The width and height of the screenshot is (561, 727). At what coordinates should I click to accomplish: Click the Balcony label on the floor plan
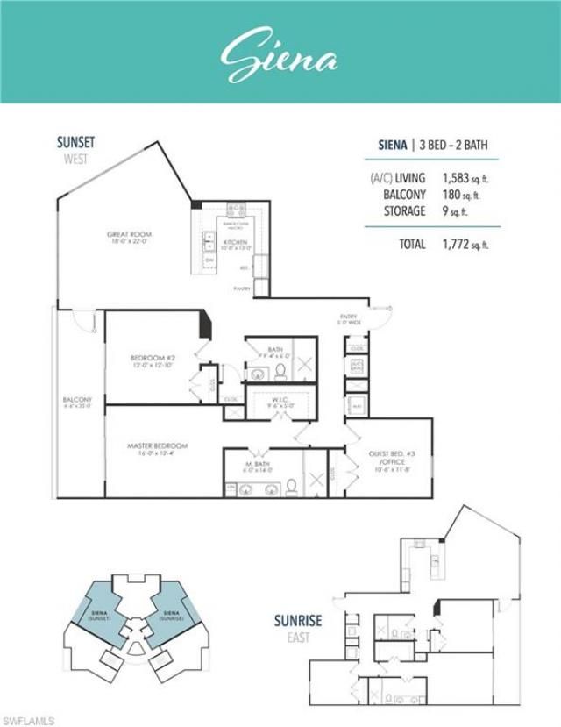77,403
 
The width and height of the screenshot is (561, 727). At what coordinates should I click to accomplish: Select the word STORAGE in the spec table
404,211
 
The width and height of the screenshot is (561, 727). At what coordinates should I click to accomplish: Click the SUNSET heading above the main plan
77,142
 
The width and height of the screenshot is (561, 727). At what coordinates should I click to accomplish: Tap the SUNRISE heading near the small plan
297,621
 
